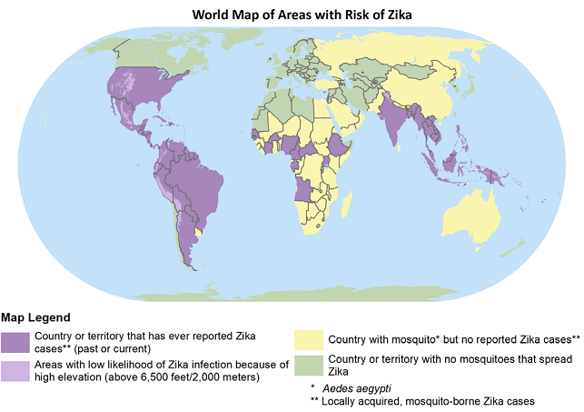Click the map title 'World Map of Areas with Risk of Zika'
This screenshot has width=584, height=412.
pyautogui.click(x=292, y=15)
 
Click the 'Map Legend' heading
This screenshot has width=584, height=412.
pyautogui.click(x=35, y=317)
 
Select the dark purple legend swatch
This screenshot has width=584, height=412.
pyautogui.click(x=15, y=342)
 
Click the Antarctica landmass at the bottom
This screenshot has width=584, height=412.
pyautogui.click(x=291, y=294)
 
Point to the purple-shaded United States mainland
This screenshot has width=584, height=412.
pyautogui.click(x=136, y=91)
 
